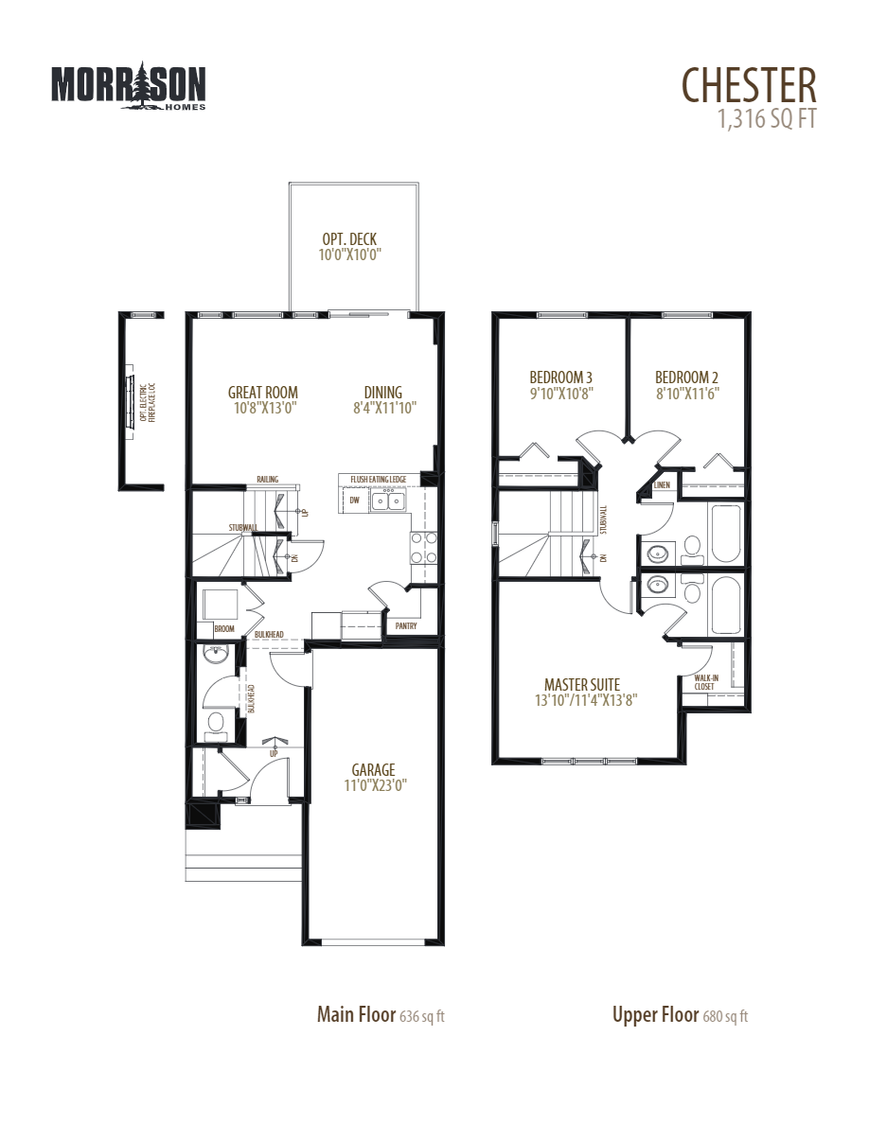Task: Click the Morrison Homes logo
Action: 128,86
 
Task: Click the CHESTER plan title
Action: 748,85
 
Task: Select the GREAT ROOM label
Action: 263,393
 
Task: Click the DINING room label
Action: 382,393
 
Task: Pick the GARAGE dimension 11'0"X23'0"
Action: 373,784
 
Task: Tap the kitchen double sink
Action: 389,501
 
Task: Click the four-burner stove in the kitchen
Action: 423,546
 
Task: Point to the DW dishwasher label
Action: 354,500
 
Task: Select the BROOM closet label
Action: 223,629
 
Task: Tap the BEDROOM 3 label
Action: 562,377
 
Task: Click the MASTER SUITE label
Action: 581,684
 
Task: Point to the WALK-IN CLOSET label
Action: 704,682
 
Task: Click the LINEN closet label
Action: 663,486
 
